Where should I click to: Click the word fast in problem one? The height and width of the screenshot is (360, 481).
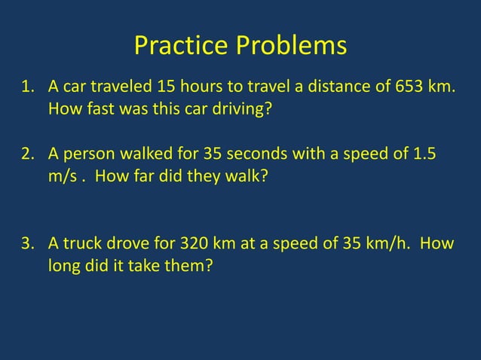pyautogui.click(x=97, y=111)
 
